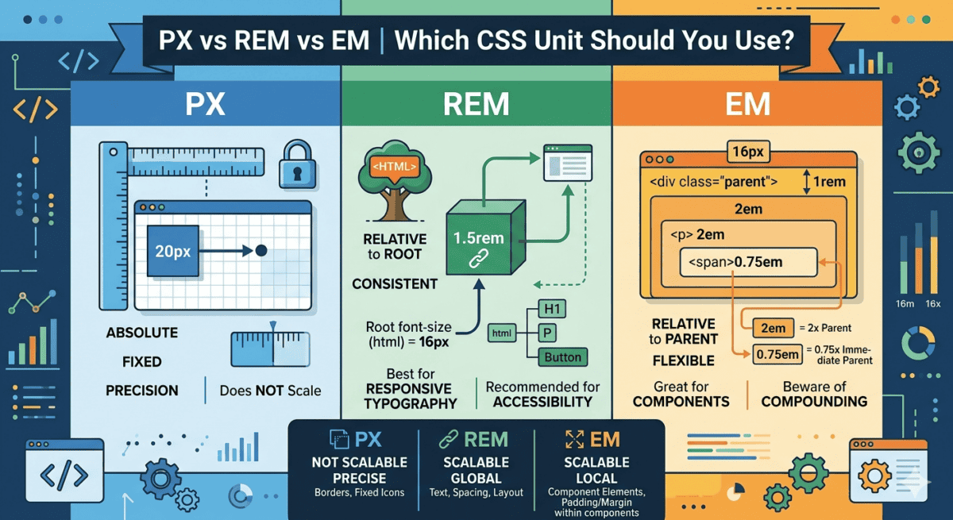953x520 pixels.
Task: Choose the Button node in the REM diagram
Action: click(x=562, y=357)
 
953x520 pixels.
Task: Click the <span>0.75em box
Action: click(x=747, y=262)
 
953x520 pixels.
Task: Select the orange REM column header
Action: click(x=476, y=105)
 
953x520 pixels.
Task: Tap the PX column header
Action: click(x=205, y=105)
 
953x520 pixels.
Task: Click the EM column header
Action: click(x=747, y=105)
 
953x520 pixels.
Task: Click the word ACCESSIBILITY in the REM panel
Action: click(x=542, y=402)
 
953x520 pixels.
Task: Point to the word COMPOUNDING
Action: click(x=814, y=402)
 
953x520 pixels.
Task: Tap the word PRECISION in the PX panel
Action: click(x=142, y=391)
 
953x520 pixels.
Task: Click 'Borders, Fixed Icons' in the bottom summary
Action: click(x=359, y=493)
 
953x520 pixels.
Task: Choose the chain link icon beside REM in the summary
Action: click(x=449, y=439)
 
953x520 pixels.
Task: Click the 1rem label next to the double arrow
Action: click(x=829, y=182)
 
